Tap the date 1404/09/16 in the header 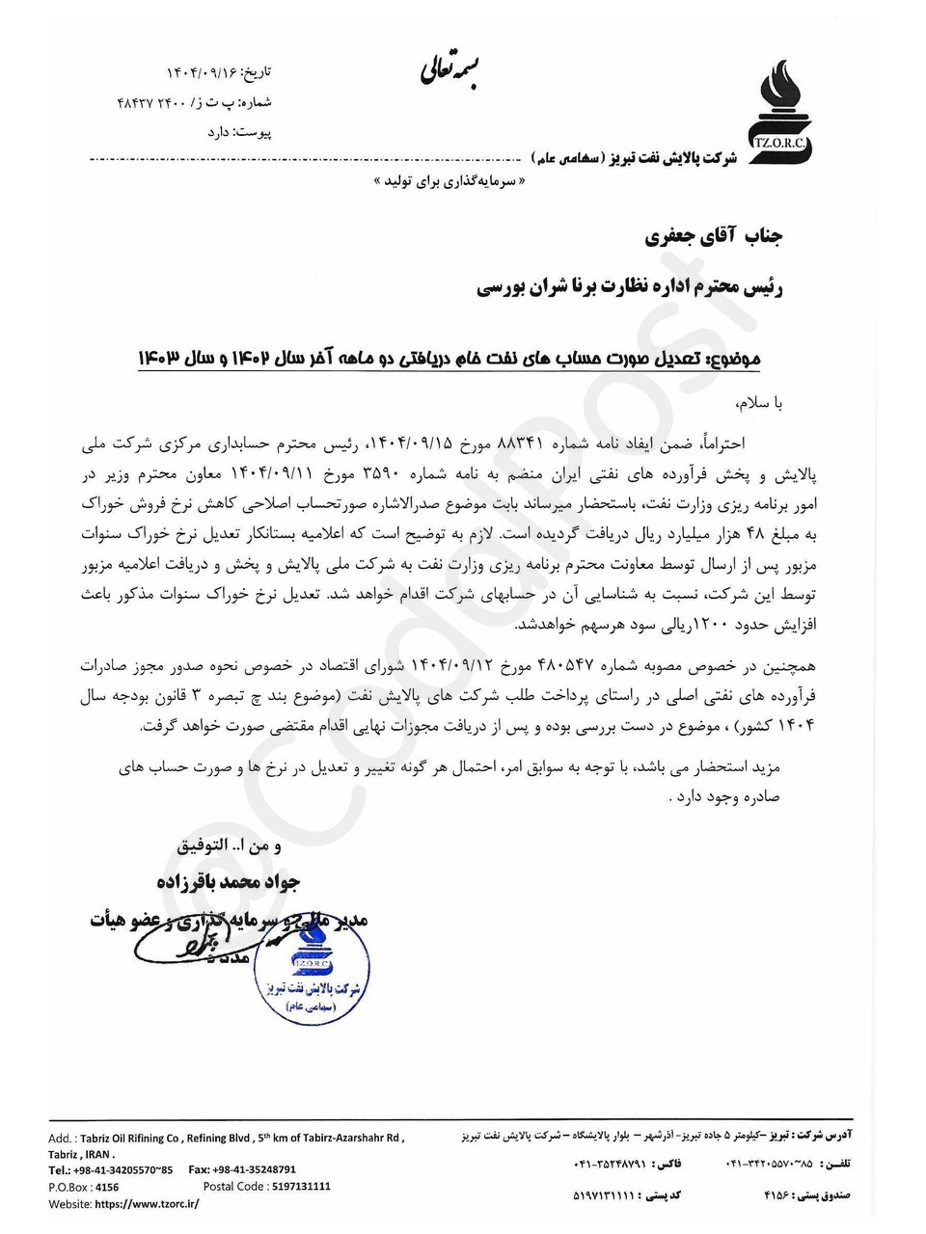pos(202,73)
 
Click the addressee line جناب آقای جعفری pos(713,236)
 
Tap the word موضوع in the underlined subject pos(735,360)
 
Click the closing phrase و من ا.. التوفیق pos(230,846)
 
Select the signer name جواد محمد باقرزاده pos(228,881)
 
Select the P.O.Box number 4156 pos(108,1188)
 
